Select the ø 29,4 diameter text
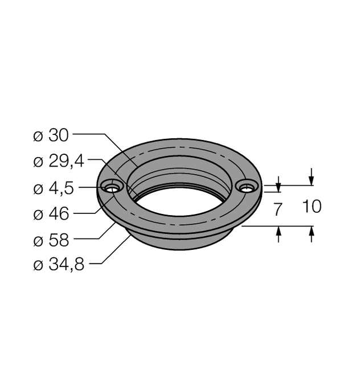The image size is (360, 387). click(58, 161)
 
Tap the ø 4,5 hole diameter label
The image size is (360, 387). click(55, 187)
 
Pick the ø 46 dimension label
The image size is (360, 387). click(51, 214)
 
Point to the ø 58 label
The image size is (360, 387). click(51, 240)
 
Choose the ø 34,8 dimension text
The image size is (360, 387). click(58, 265)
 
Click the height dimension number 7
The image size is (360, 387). click(277, 209)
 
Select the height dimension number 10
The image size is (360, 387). click(311, 206)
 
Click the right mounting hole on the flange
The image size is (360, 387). click(247, 187)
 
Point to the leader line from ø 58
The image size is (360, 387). click(91, 238)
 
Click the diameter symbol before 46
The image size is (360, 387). click(38, 215)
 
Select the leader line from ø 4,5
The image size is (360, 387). click(91, 187)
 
